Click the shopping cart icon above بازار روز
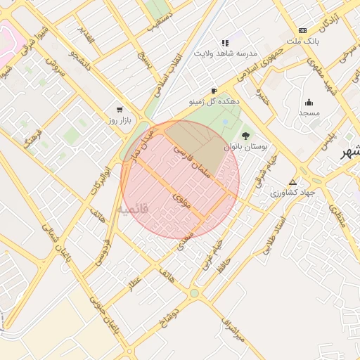(x=120, y=110)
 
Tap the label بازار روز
(x=110, y=120)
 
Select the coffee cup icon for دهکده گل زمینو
(x=214, y=91)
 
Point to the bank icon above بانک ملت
(x=302, y=30)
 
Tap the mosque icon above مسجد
(x=309, y=102)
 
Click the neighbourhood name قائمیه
(x=133, y=210)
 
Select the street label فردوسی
(x=106, y=250)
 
